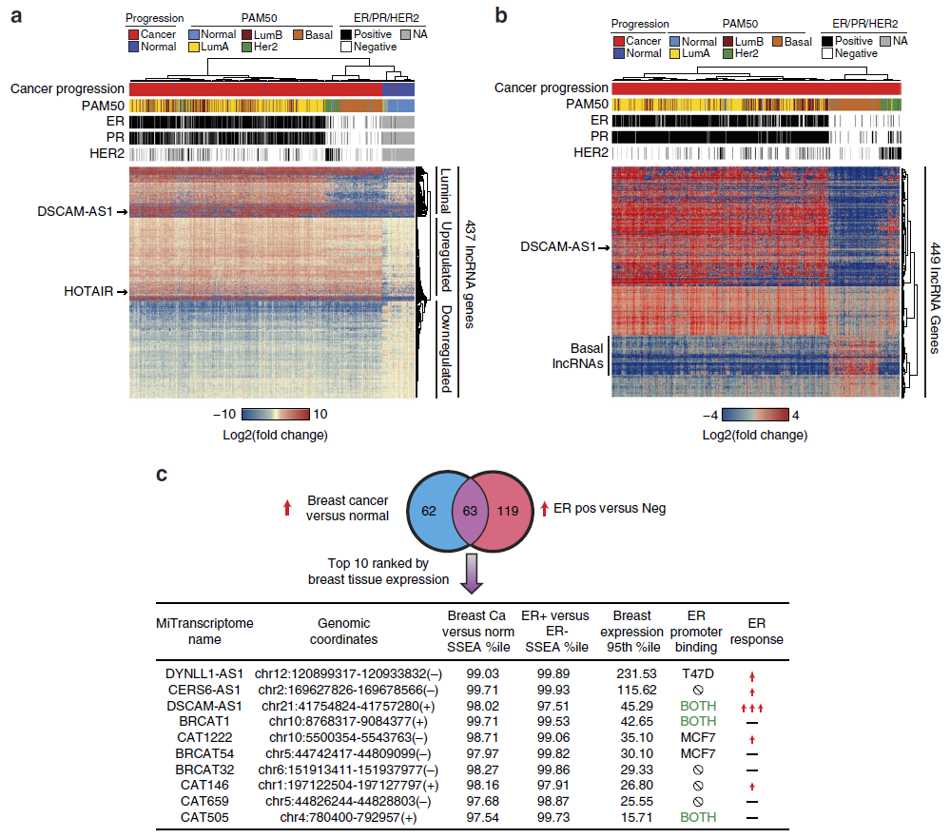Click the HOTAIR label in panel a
(x=88, y=291)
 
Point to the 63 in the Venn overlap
(x=470, y=511)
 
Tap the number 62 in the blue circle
(x=428, y=511)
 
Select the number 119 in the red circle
(x=508, y=511)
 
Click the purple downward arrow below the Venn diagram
(x=472, y=574)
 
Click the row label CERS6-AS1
(x=204, y=691)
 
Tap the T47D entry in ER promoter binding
(x=698, y=673)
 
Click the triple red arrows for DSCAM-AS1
(x=752, y=708)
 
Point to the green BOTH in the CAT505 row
(x=698, y=817)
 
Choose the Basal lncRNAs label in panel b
(x=578, y=357)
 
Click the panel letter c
(x=161, y=475)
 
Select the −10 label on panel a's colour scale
(x=224, y=415)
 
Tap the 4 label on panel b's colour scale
(x=796, y=416)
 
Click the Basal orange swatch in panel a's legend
(x=298, y=35)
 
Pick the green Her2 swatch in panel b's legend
(x=728, y=54)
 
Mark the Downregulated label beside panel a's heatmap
(x=446, y=348)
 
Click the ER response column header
(x=757, y=632)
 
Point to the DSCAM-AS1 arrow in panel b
(x=603, y=247)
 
